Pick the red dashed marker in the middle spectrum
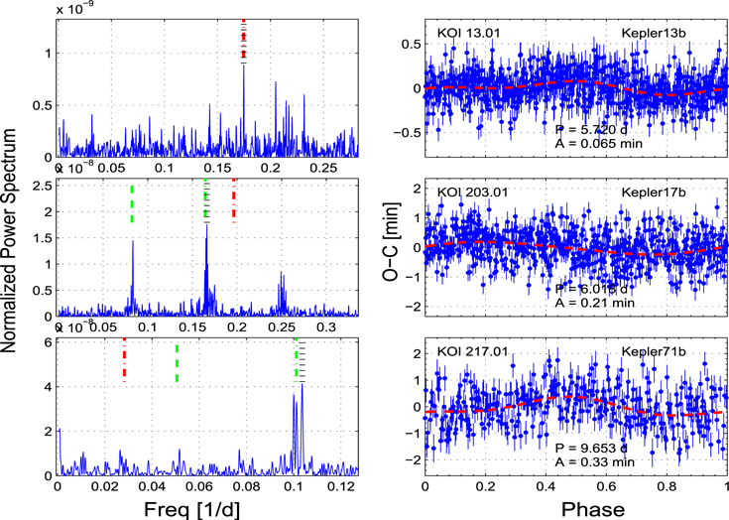point(234,201)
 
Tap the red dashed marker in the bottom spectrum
point(124,359)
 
